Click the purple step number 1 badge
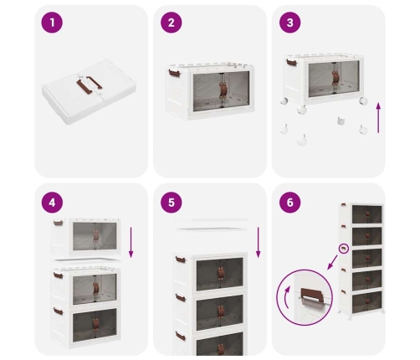tap(52, 23)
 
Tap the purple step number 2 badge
tap(172, 23)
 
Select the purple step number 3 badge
tap(290, 23)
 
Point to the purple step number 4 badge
tap(52, 203)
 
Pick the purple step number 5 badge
tap(172, 203)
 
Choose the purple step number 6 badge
tap(290, 203)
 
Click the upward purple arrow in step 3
tap(378, 118)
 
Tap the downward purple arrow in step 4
tap(131, 242)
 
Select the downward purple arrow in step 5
tap(259, 242)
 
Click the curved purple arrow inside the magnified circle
tap(285, 297)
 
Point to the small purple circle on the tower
tap(344, 249)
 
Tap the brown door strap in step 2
tap(223, 90)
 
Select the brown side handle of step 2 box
tap(174, 74)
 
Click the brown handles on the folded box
tap(89, 84)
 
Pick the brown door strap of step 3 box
tap(335, 77)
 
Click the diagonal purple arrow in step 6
tap(331, 263)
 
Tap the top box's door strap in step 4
tap(96, 236)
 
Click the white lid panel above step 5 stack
tap(211, 229)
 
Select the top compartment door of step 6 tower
tap(366, 214)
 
